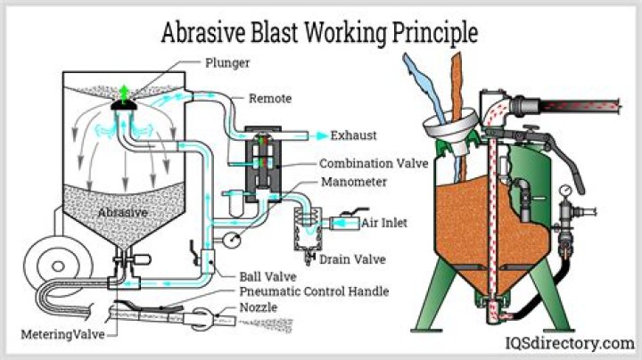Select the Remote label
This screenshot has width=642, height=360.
(268, 98)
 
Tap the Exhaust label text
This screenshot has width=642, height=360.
(355, 136)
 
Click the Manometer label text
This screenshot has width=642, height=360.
(353, 183)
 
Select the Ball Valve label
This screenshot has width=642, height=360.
(265, 275)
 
